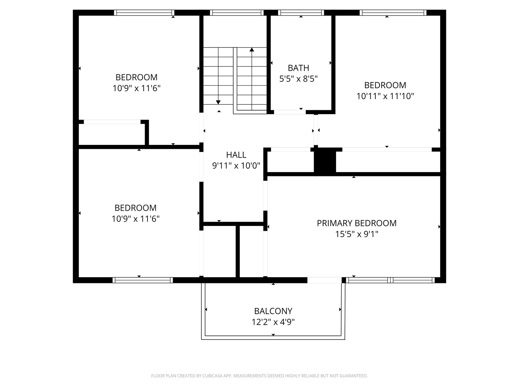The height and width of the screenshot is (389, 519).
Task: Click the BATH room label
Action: [298, 68]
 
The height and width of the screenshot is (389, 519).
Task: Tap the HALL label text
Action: [236, 155]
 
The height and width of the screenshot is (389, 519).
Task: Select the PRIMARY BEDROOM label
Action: [356, 223]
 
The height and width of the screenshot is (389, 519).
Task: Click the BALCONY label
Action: [273, 311]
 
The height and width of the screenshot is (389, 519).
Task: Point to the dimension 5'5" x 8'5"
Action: [298, 79]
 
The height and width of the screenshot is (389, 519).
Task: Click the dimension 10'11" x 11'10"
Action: [385, 96]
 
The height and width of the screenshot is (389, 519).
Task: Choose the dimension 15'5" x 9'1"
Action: [356, 234]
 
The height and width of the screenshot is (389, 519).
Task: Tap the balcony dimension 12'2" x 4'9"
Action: [273, 322]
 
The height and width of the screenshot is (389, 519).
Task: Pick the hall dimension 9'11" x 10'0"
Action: [236, 166]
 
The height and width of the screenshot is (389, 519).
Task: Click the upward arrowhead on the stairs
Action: [252, 50]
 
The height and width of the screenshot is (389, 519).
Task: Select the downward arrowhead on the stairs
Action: [218, 102]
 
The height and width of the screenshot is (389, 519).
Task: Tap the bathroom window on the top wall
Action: [301, 13]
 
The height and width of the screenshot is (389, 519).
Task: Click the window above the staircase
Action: [237, 13]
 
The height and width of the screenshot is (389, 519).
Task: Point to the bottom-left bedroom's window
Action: [143, 280]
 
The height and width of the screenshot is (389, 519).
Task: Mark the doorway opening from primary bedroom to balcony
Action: [324, 280]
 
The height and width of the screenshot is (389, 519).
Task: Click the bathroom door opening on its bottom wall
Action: [290, 112]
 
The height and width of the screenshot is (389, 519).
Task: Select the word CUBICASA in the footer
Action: [212, 376]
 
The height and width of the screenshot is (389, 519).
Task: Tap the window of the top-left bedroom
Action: [144, 13]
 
